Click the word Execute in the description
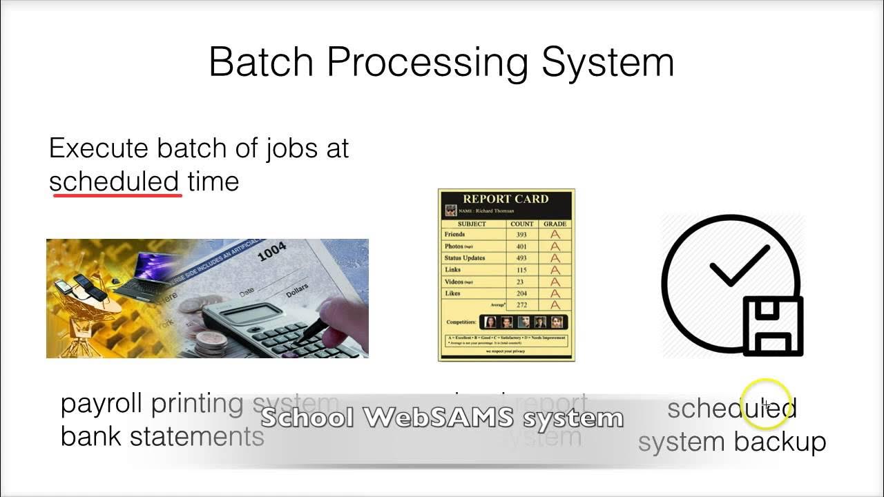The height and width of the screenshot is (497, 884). (99, 148)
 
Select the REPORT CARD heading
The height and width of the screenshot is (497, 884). (506, 199)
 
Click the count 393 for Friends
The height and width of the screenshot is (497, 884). (521, 235)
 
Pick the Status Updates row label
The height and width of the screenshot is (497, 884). (465, 258)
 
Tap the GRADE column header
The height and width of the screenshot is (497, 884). (555, 224)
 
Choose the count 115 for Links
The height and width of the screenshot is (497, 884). (521, 270)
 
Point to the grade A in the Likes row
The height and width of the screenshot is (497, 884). (555, 293)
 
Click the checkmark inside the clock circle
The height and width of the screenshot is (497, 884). (739, 266)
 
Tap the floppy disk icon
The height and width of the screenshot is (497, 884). (773, 326)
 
